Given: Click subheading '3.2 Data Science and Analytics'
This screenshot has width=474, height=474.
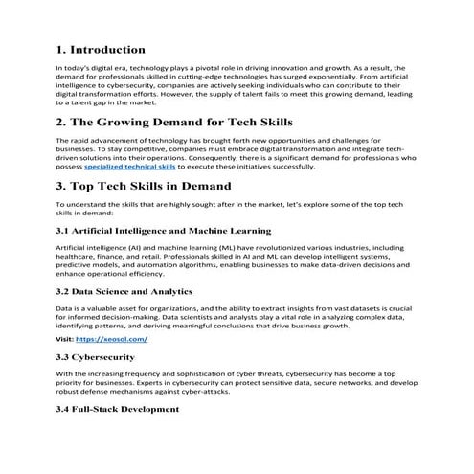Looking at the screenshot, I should pos(124,291).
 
